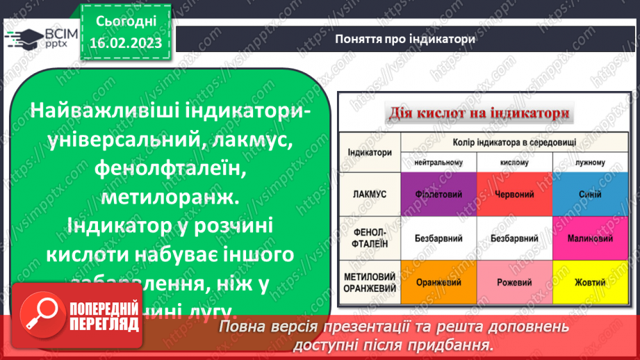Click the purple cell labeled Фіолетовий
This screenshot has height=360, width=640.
(439, 194)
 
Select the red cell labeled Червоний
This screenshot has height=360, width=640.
(514, 194)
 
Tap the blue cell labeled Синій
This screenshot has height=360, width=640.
(589, 194)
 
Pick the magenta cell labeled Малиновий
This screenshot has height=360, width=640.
(589, 238)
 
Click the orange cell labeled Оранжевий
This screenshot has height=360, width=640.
(439, 283)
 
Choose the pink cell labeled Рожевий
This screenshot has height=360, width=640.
(514, 283)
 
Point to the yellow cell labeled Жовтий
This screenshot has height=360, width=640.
(589, 283)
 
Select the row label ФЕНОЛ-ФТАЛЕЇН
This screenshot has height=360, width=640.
(370, 238)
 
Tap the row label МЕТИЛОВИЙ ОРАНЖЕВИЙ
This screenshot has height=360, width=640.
(370, 283)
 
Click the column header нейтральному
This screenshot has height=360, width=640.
(439, 162)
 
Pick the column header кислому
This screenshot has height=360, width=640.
(514, 162)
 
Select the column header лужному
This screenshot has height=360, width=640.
(589, 162)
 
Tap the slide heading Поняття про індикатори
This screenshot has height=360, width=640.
(405, 39)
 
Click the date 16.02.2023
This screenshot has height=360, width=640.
(125, 43)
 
